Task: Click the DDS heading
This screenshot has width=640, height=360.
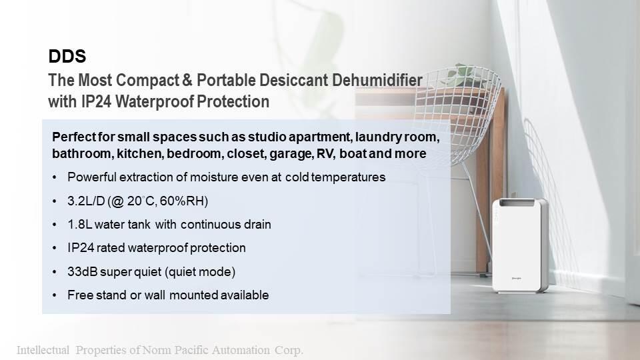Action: tap(67, 56)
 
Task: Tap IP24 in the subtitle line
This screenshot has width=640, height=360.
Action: tap(96, 101)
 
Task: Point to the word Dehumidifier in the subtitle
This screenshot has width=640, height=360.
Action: tap(377, 80)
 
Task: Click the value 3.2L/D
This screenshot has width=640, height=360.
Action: tap(86, 201)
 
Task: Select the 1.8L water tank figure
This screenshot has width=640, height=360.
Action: tap(79, 225)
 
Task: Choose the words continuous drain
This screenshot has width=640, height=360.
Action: tap(226, 225)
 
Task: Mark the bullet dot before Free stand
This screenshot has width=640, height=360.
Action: tap(55, 295)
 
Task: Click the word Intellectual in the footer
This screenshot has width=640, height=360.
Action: tap(43, 350)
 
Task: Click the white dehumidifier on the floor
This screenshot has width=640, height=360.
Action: tap(520, 246)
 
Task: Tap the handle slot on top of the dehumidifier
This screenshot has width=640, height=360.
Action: tap(517, 203)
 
